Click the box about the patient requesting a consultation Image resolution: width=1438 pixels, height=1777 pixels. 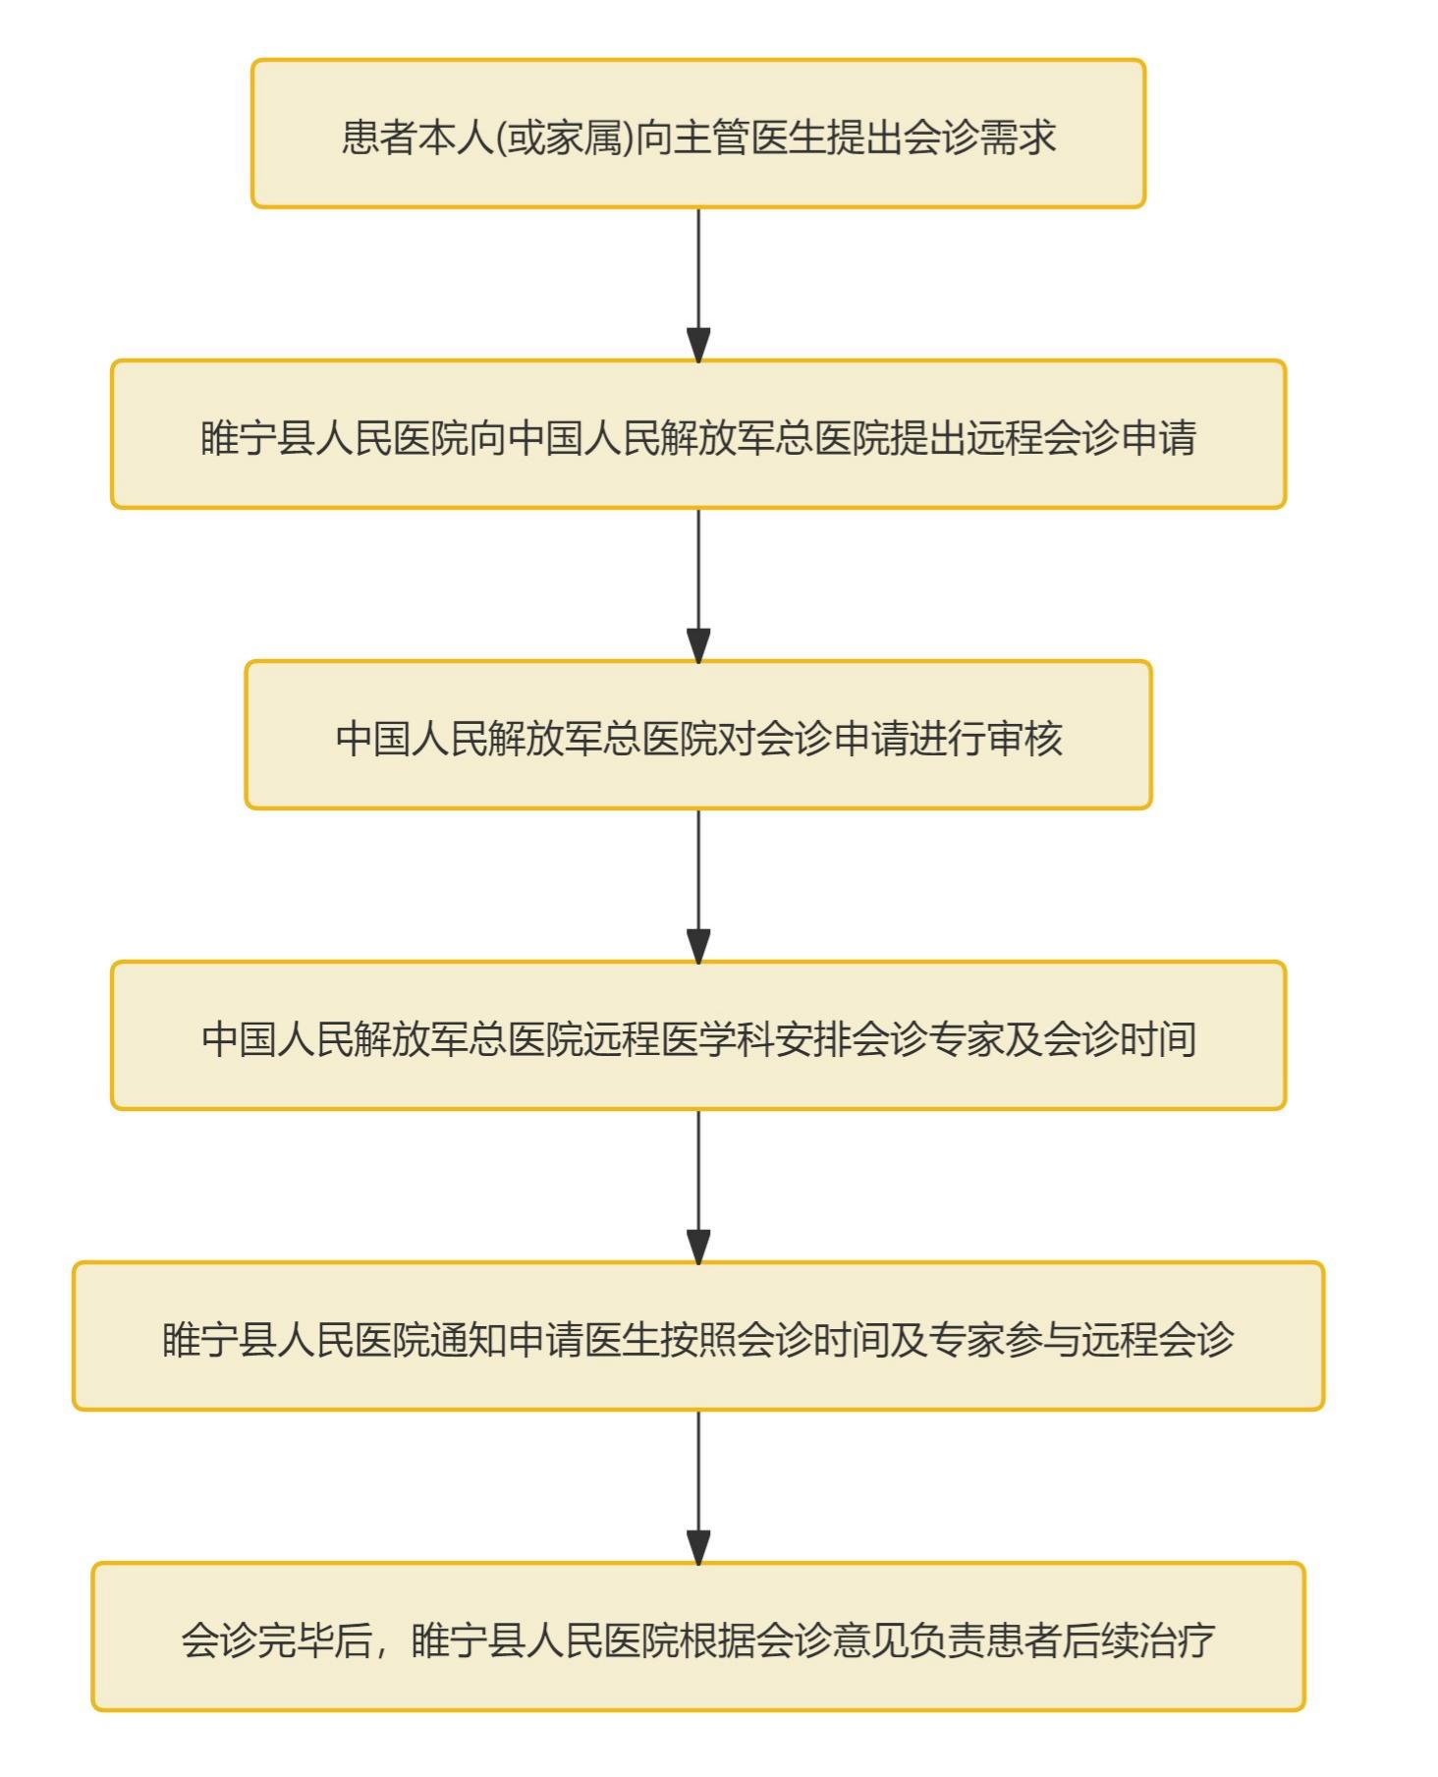697,134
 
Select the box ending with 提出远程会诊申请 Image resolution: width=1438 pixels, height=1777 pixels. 697,434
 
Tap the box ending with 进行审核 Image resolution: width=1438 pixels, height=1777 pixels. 697,735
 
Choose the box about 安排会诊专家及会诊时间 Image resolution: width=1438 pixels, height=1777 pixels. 697,1035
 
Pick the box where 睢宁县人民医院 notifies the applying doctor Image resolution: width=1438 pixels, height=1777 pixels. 697,1336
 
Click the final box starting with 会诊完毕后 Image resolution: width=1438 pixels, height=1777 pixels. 697,1637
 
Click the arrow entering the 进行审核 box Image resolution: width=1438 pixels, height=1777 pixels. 698,584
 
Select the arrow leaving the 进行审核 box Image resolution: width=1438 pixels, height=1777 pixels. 698,885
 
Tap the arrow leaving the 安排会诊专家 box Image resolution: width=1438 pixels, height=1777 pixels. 698,1186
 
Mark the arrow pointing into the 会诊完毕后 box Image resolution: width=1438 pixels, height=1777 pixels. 698,1486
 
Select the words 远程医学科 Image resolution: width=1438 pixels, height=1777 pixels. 678,1038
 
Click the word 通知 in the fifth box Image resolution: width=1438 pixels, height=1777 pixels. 469,1339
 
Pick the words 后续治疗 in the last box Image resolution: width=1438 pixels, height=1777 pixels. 1139,1639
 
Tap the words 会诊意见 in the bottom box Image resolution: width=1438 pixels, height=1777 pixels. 833,1639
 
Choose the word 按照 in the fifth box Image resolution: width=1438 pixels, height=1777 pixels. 698,1339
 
